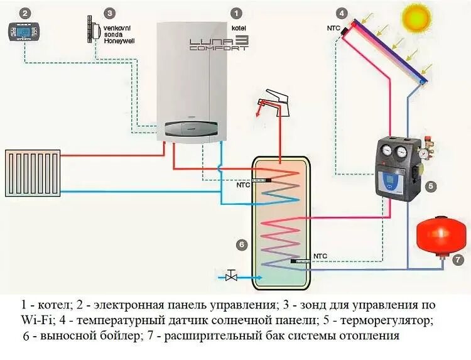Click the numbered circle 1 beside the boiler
pos(236,12)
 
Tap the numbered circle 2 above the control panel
pos(24,13)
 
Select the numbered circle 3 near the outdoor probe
pos(110,13)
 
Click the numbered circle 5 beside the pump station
pos(430,187)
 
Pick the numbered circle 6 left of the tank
pos(241,244)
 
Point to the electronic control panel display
pos(24,30)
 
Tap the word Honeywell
pos(121,40)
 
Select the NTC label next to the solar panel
pos(333,28)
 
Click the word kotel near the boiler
pos(239,29)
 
